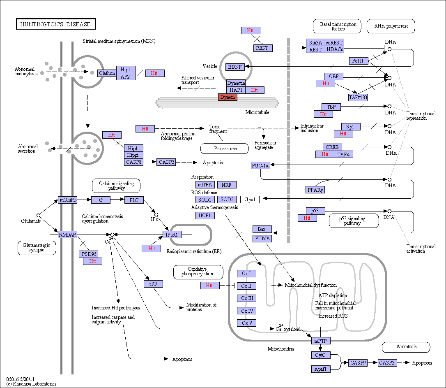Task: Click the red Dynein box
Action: click(x=228, y=97)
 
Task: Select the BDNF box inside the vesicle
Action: click(x=235, y=67)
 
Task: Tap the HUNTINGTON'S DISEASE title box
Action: click(x=56, y=24)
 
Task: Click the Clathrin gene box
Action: click(x=107, y=73)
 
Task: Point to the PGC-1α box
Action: click(x=260, y=165)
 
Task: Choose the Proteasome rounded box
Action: click(x=225, y=149)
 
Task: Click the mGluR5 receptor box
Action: click(x=68, y=200)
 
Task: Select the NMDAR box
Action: click(x=68, y=235)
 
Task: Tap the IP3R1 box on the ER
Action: click(x=172, y=235)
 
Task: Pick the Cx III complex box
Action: click(x=247, y=298)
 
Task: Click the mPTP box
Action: click(x=321, y=341)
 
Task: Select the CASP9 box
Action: click(x=358, y=363)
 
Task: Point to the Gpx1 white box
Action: click(x=250, y=200)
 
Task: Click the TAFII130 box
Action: click(x=358, y=98)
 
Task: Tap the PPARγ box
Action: click(x=315, y=190)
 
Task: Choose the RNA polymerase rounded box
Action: click(x=391, y=26)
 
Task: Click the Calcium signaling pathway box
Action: click(x=116, y=186)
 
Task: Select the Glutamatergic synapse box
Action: click(x=37, y=248)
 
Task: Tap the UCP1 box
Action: click(x=205, y=216)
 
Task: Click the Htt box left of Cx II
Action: click(x=210, y=286)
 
